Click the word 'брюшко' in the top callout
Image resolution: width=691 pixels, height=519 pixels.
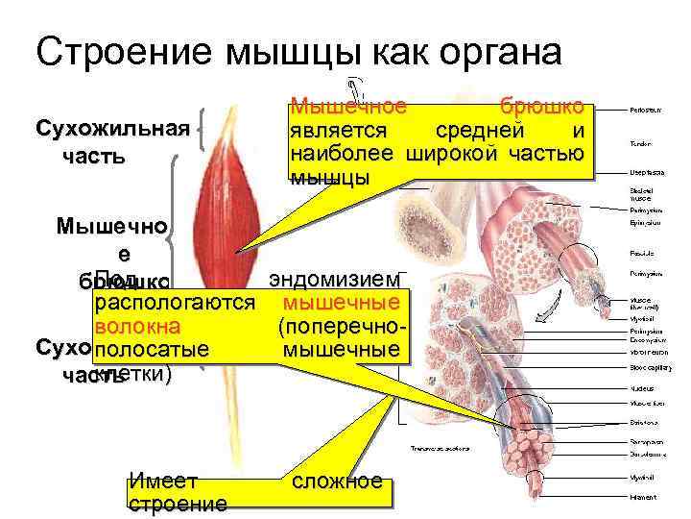click(541, 107)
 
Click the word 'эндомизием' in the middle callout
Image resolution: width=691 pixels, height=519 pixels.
click(334, 280)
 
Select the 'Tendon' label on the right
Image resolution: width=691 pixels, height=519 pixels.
click(640, 143)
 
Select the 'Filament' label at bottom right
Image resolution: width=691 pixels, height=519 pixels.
click(642, 497)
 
